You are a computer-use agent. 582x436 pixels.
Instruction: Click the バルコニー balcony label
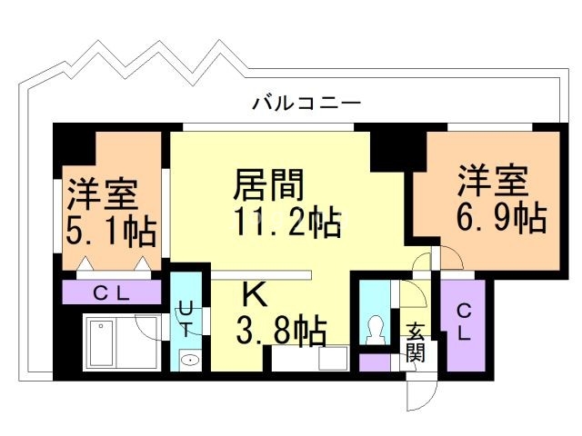point(306,103)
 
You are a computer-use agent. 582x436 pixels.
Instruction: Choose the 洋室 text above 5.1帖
point(101,194)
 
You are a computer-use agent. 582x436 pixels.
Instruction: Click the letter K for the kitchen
point(254,294)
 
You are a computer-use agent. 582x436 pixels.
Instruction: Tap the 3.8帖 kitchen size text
point(281,332)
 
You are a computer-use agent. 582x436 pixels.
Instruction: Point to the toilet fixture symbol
point(373,330)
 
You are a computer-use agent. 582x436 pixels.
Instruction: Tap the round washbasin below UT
point(188,361)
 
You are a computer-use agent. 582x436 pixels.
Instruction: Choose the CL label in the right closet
point(464,322)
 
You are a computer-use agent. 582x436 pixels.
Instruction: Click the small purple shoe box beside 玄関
point(374,362)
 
